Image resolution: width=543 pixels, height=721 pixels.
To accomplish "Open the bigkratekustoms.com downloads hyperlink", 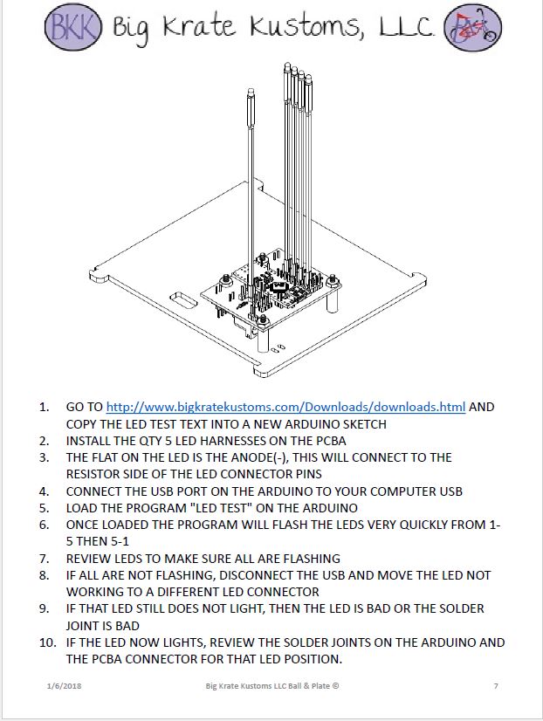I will click(285, 407).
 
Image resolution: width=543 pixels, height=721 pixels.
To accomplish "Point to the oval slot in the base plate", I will click(183, 301).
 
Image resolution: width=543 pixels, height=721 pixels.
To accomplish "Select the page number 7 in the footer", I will click(496, 686).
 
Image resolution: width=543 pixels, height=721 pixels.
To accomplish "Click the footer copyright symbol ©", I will click(335, 686).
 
